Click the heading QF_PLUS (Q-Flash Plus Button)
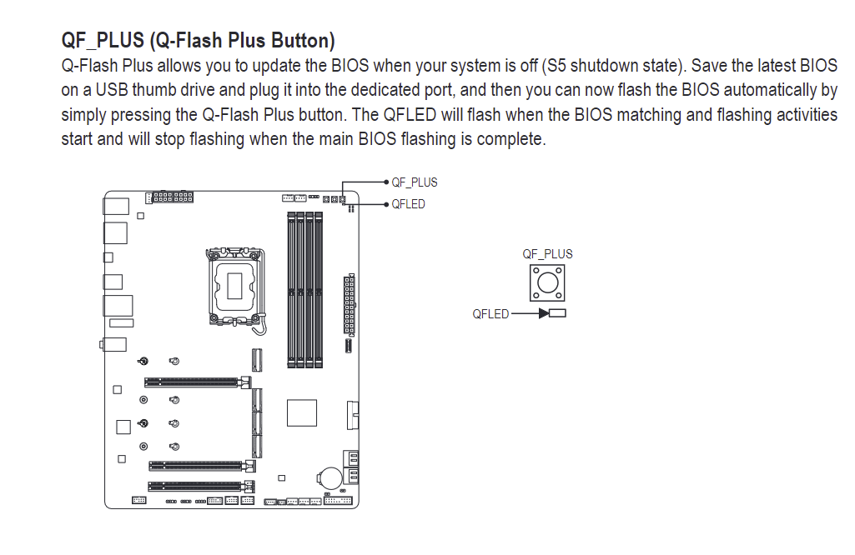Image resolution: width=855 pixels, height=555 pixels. coord(198,41)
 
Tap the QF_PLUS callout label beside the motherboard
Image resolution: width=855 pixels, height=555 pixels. coord(415,182)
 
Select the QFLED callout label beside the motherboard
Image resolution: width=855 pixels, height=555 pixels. coord(409,204)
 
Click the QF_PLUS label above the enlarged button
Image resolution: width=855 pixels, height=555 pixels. coord(547,254)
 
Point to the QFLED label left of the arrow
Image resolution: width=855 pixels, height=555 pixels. coord(490,313)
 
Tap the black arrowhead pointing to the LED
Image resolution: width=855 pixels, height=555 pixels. coord(544,313)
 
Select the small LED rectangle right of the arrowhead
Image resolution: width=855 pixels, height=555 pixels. coord(558,313)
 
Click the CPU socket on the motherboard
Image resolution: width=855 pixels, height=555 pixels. coord(235,287)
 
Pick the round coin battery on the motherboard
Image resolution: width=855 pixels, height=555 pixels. coord(329,477)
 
